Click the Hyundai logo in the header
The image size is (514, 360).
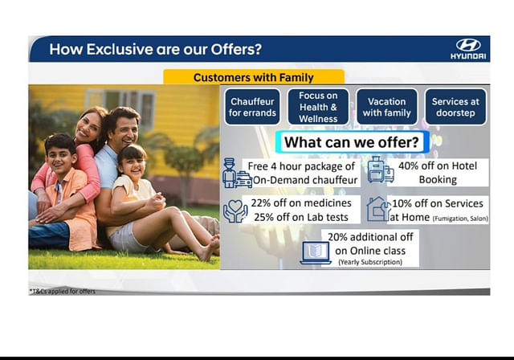[x=468, y=49]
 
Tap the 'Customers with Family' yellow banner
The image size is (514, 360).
[x=254, y=77]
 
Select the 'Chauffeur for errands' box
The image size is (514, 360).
[x=252, y=107]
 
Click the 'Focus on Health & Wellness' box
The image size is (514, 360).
[x=318, y=107]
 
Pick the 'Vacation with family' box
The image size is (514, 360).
[x=387, y=107]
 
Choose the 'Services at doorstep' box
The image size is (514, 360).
[x=455, y=107]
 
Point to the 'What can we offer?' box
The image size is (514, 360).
[x=352, y=142]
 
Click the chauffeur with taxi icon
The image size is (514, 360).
[x=237, y=173]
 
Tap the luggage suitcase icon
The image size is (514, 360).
[x=381, y=170]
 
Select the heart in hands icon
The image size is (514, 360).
[x=235, y=211]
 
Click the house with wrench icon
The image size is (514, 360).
[x=378, y=209]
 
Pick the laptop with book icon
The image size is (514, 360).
[x=316, y=253]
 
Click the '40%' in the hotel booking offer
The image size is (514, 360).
[x=408, y=166]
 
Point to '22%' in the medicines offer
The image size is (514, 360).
[x=260, y=203]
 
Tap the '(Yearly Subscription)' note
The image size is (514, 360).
[x=370, y=262]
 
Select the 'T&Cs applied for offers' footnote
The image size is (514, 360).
[x=63, y=291]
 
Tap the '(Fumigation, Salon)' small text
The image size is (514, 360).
[x=460, y=219]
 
